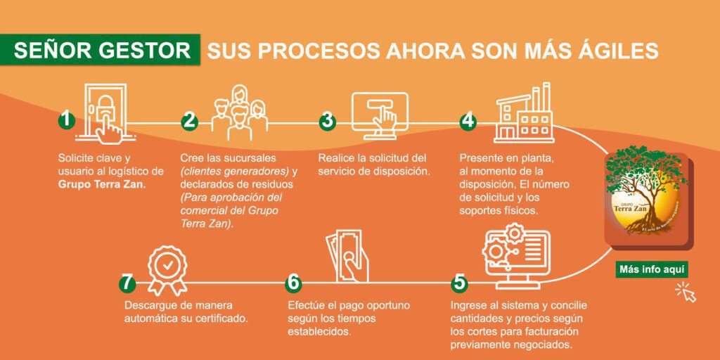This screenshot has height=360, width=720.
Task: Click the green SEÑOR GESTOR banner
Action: [x=100, y=50]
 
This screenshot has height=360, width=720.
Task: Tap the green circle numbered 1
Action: [x=67, y=121]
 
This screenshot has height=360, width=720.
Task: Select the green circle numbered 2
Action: [x=188, y=121]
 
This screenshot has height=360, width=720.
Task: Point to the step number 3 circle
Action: [x=328, y=121]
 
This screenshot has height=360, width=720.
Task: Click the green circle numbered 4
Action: [x=468, y=121]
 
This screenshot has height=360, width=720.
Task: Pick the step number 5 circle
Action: [x=459, y=283]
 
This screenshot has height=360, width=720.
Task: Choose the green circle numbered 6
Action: [x=293, y=283]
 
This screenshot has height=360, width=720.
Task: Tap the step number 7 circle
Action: [x=127, y=283]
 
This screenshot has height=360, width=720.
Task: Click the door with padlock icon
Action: [x=105, y=113]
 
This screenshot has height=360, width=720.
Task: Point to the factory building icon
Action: [x=524, y=113]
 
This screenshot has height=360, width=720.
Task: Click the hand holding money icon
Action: [x=347, y=256]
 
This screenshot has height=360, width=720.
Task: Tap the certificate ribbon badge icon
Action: [x=167, y=270]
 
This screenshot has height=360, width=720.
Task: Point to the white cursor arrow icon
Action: [x=686, y=292]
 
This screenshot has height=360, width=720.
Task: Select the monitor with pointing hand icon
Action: [x=380, y=116]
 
